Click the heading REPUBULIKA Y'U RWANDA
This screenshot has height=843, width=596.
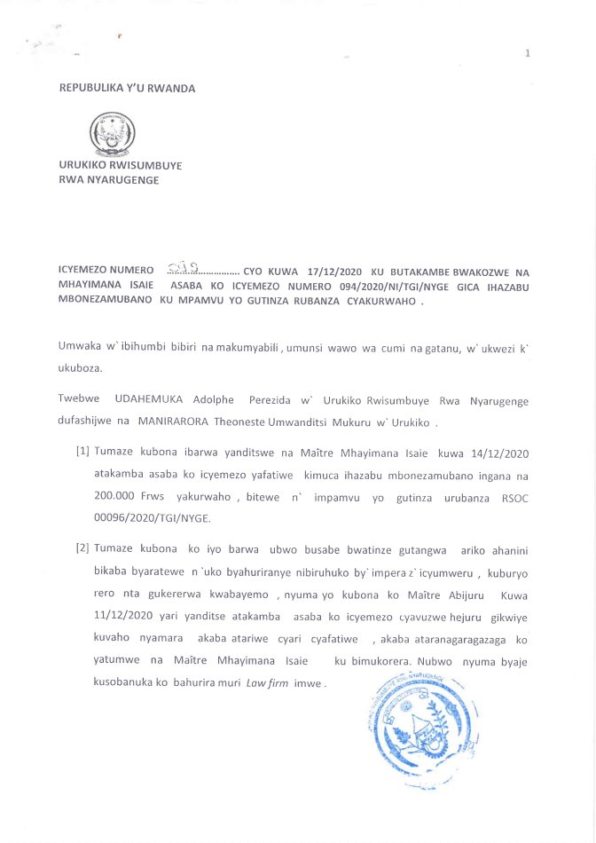pos(127,88)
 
